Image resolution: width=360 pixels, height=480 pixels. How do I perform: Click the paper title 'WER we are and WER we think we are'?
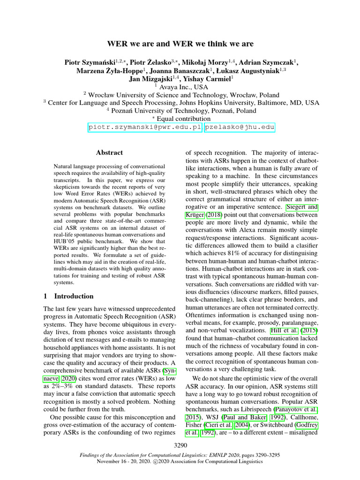[x=180, y=44]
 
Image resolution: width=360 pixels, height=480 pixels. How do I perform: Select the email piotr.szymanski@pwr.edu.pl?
[x=145, y=127]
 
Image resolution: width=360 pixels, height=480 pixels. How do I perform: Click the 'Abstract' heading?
[x=109, y=152]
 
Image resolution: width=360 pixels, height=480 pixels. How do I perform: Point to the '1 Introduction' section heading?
[x=68, y=296]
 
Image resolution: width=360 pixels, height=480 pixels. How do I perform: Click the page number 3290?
[x=180, y=446]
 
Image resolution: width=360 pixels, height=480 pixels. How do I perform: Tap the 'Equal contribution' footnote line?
[x=183, y=119]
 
